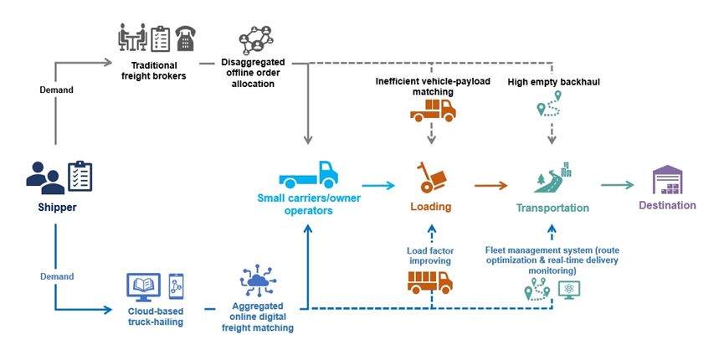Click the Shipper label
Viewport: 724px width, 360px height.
tap(56, 208)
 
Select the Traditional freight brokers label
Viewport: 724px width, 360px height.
tap(157, 70)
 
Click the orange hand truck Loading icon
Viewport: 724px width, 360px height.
tap(431, 177)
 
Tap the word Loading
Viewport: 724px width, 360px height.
tap(430, 207)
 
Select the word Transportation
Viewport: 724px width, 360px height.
tap(552, 208)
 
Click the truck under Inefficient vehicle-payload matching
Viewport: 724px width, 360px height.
tap(433, 110)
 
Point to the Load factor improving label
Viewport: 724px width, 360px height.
tap(429, 255)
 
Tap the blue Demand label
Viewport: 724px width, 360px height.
tap(57, 276)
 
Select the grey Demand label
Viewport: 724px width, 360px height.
tap(57, 90)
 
